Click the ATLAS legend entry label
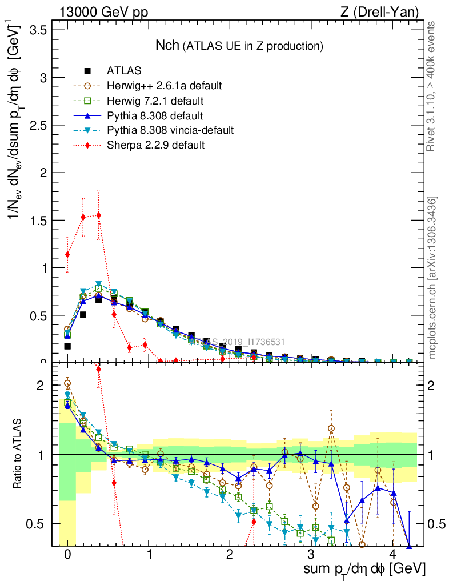124,71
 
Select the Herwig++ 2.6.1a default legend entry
164,86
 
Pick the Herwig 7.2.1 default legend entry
155,101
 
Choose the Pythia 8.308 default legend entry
155,115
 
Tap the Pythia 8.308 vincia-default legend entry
170,130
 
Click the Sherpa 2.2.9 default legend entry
155,145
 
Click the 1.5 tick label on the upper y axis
42,220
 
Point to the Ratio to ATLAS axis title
19,454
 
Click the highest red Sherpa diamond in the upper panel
99,215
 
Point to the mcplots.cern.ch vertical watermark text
432,278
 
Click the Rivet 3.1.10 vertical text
432,86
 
